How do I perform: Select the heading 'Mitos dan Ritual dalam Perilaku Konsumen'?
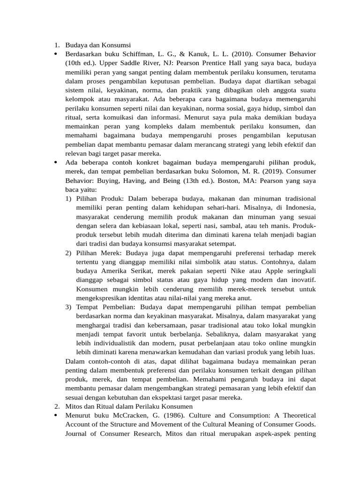pos(128,406)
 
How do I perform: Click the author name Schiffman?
pos(142,54)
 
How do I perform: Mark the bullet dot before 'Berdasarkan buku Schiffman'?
pos(55,54)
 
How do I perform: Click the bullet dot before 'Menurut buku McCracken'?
pos(55,415)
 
